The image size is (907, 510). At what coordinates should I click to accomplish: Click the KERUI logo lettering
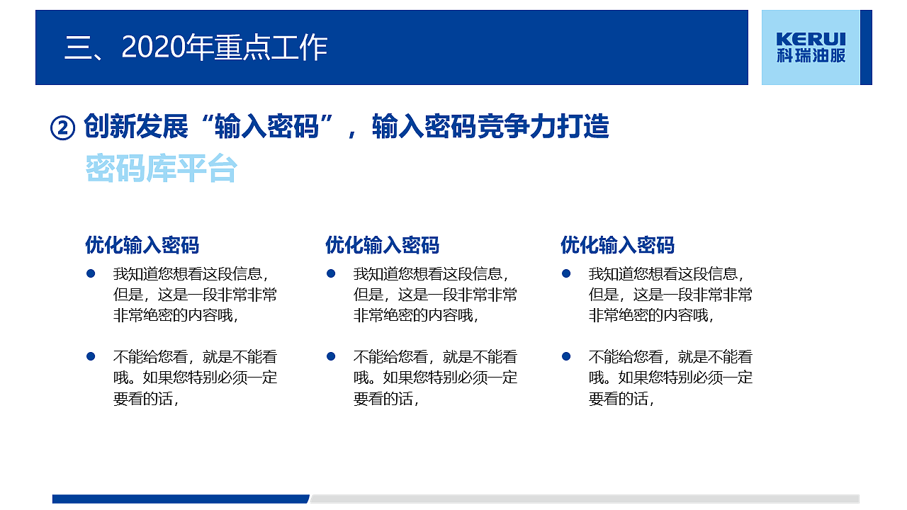click(x=811, y=39)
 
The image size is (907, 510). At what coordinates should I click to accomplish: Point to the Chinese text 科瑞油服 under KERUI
click(x=811, y=56)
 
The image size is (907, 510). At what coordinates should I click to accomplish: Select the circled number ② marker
click(x=62, y=128)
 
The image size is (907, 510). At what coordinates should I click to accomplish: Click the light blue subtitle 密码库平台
click(x=161, y=169)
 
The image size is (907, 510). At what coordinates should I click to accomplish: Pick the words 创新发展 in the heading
click(x=136, y=127)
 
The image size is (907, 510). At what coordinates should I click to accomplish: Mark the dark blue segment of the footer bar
click(x=181, y=499)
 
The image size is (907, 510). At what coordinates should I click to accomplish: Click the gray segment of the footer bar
click(x=585, y=499)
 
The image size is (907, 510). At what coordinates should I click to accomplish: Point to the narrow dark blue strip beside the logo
click(x=866, y=47)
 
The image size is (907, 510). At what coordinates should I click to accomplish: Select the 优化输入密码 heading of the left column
click(x=142, y=245)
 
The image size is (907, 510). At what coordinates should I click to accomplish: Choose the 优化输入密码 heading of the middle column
click(x=382, y=245)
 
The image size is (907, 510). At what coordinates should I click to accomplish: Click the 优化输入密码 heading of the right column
click(x=617, y=245)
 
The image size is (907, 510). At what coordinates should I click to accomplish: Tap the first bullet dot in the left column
click(x=91, y=273)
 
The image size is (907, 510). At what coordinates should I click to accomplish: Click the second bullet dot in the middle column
click(x=330, y=356)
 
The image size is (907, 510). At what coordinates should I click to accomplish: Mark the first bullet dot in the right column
click(x=566, y=273)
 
